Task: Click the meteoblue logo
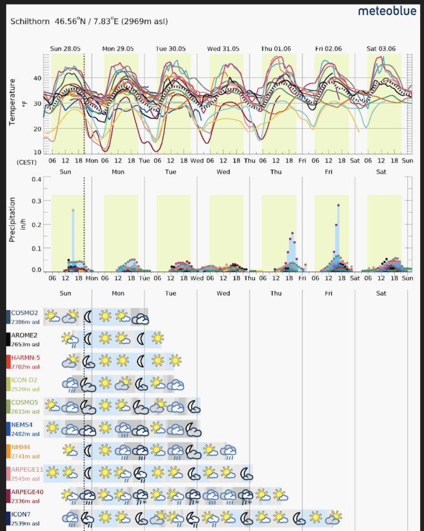387,11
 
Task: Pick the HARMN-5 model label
25,358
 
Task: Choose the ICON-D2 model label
24,380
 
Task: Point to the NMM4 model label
21,447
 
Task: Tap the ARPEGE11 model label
26,470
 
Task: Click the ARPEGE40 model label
26,492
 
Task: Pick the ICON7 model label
21,514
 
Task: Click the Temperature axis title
12,102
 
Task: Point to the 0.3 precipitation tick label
36,201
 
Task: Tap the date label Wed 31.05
223,49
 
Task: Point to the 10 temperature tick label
38,152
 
